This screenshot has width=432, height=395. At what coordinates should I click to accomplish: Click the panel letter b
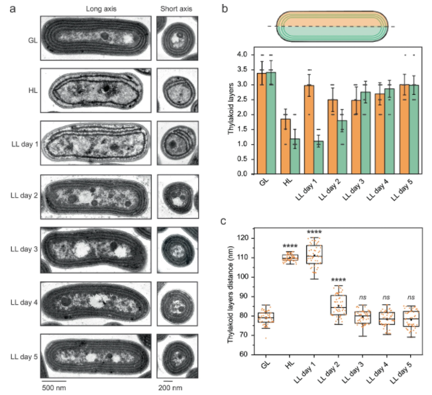coord(225,9)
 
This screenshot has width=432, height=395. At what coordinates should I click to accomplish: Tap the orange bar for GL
coord(262,123)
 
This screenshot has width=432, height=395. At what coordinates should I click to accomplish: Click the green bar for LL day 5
coord(411,129)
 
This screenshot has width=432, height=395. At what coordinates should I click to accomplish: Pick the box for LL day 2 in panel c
coord(337,305)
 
